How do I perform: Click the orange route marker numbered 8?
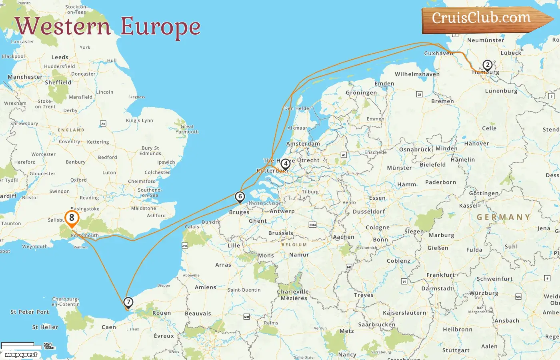click(72, 218)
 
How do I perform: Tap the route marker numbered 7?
click(128, 302)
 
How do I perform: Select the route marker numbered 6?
click(240, 197)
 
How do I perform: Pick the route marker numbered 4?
click(285, 164)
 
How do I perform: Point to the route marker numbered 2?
click(487, 65)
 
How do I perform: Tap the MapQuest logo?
click(21, 354)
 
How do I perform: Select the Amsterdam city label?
click(303, 144)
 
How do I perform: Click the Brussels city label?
click(281, 233)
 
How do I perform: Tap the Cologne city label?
click(378, 227)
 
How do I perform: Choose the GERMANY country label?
click(503, 217)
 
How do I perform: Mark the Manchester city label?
click(25, 77)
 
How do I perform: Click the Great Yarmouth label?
click(187, 129)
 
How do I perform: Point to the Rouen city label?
click(162, 313)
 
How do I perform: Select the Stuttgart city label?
click(456, 350)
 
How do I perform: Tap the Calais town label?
click(192, 227)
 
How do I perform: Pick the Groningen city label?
click(361, 93)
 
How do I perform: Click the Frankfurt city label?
click(440, 275)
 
